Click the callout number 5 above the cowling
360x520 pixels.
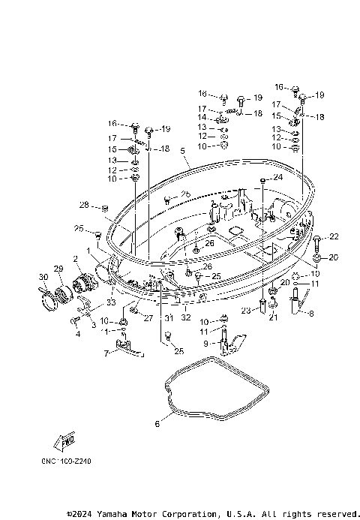tap(182, 151)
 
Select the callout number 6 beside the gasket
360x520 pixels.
tap(157, 425)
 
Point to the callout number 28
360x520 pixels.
tap(84, 205)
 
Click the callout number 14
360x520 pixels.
tap(202, 118)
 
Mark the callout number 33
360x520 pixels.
tap(112, 302)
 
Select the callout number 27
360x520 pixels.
tap(148, 318)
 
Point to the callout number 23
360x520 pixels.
tap(245, 311)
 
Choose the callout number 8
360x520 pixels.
tap(312, 314)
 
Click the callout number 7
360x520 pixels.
tap(106, 352)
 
